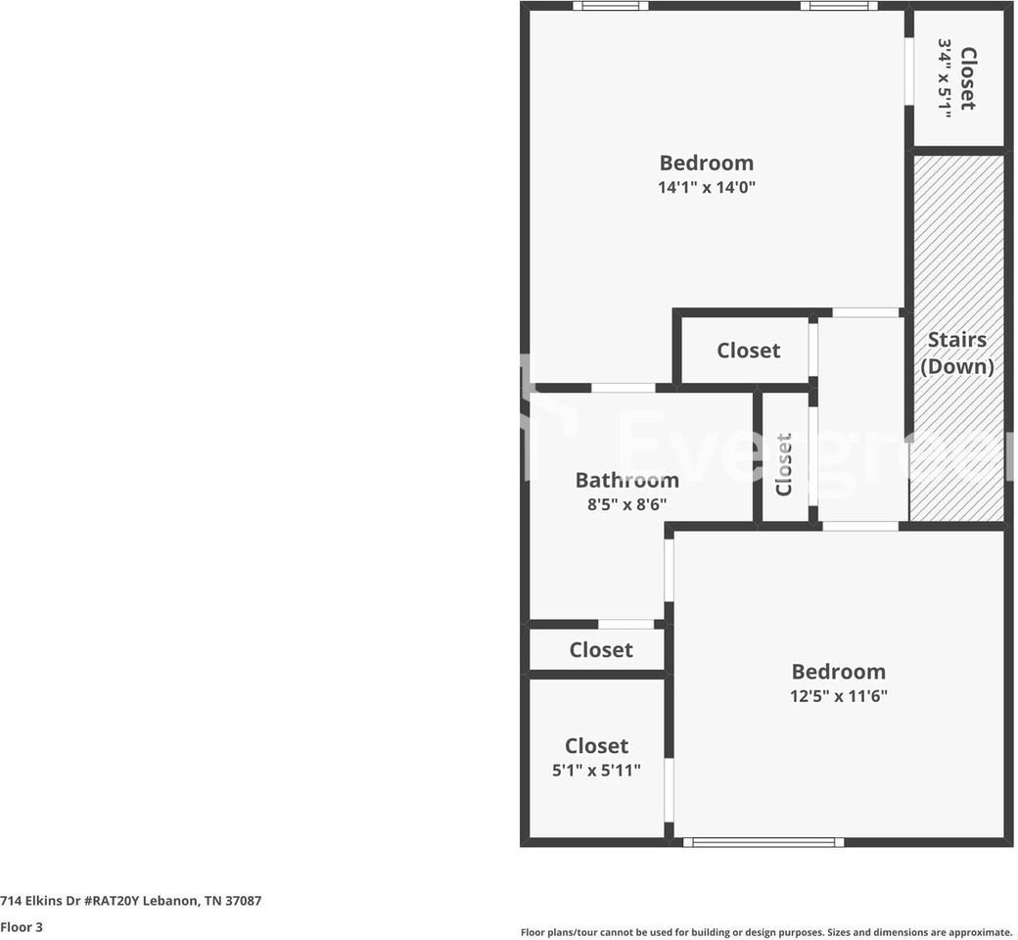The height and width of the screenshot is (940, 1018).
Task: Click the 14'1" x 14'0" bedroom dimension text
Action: pos(706,187)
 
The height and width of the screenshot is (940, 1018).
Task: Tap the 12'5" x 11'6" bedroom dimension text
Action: pos(838,696)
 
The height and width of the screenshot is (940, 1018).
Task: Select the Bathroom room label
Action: pos(626,480)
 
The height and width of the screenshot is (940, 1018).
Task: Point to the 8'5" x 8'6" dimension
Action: pos(626,505)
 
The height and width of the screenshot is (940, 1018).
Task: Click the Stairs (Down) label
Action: pos(956,352)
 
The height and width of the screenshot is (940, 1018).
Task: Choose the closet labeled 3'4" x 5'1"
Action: pos(956,78)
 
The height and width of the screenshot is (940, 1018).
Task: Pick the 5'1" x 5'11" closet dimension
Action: pos(596,771)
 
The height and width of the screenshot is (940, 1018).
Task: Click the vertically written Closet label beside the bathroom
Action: pos(784,465)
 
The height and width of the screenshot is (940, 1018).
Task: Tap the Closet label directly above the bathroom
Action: pos(748,351)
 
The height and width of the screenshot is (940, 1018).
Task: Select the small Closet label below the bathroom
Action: pos(601,650)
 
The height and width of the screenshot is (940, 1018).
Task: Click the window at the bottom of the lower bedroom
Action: pos(763,841)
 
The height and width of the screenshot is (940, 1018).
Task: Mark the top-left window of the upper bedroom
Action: pos(610,6)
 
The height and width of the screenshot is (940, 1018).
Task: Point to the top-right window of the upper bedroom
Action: pos(838,6)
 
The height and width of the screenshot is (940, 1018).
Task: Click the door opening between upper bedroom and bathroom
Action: pos(624,388)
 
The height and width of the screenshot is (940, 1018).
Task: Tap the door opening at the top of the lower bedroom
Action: pos(859,526)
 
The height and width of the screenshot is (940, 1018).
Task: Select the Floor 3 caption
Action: pos(22,926)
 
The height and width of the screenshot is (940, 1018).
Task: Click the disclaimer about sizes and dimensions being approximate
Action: pos(765,932)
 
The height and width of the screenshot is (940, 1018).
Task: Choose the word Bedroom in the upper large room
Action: pos(706,163)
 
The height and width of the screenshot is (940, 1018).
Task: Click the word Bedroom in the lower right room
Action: pos(838,672)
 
